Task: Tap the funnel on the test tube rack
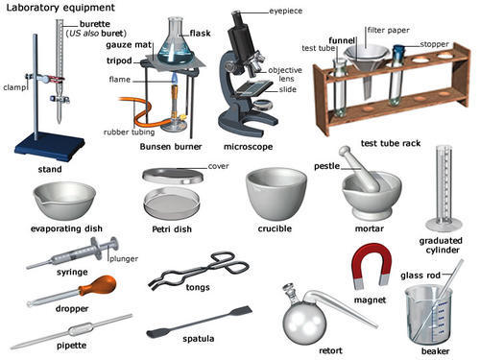(364, 56)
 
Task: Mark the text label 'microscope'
(248, 146)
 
